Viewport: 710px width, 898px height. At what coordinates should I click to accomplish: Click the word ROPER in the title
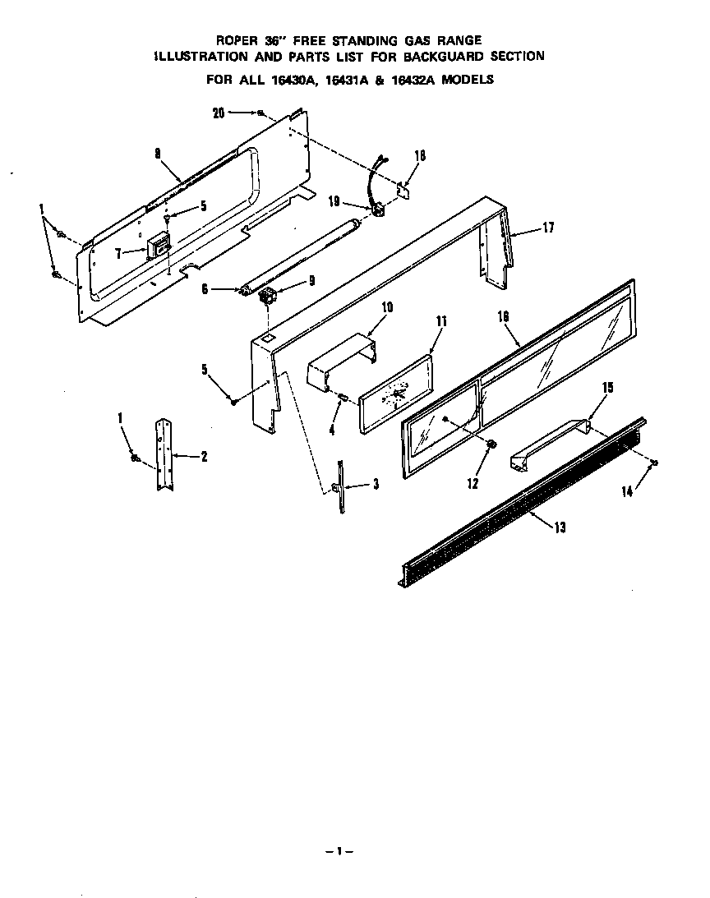[234, 39]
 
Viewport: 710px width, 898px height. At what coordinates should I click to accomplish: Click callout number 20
[218, 113]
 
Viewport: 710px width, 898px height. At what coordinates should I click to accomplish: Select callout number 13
[559, 527]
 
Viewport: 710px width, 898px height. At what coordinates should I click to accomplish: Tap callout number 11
[440, 320]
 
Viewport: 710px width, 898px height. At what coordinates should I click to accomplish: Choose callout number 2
[203, 456]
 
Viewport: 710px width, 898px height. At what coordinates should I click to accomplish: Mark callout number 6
[205, 288]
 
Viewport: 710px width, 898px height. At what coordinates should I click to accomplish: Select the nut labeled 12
[491, 444]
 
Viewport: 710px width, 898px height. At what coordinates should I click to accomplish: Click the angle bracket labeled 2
[164, 456]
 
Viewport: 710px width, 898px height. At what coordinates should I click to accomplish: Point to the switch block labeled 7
[158, 246]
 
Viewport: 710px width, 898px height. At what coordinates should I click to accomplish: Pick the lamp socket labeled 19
[379, 210]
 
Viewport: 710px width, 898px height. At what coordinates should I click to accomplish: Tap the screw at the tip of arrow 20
[260, 113]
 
